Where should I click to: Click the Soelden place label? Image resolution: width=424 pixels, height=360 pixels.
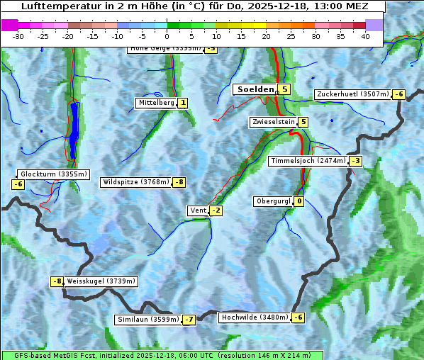(255, 89)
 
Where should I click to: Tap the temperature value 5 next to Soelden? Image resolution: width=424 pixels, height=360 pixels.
(284, 89)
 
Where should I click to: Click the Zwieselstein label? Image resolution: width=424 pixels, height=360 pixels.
(273, 122)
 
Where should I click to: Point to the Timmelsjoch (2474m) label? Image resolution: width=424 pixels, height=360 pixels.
(308, 161)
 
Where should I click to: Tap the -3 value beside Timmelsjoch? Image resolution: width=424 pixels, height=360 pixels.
(355, 161)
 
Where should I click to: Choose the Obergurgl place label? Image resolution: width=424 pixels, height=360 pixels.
(273, 201)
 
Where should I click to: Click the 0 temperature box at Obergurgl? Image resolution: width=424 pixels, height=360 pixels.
(299, 201)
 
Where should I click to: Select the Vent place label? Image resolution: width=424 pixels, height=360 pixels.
(198, 210)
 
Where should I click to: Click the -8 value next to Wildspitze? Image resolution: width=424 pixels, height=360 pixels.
(179, 182)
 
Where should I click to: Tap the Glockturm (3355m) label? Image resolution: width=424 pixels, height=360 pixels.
(53, 174)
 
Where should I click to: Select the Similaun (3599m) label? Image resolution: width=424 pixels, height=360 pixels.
(148, 320)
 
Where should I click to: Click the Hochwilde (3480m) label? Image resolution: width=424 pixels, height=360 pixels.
(255, 317)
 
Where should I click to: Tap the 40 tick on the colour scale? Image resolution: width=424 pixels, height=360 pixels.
(365, 36)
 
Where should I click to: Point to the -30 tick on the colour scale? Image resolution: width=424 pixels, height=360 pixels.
(18, 36)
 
